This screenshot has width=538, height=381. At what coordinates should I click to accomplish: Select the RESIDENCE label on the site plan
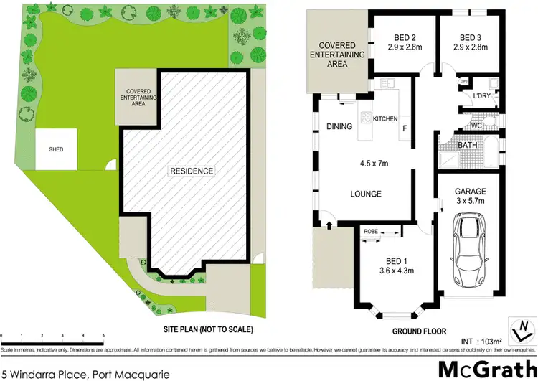pos(192,171)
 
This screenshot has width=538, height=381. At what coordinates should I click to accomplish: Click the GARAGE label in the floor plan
pos(470,192)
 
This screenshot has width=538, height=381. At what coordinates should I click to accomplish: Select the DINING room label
pos(339,127)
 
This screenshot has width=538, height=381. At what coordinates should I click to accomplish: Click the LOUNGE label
pos(365,194)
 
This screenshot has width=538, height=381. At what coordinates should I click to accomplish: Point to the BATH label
pos(468,146)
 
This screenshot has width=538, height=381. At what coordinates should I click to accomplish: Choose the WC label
pos(475,126)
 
